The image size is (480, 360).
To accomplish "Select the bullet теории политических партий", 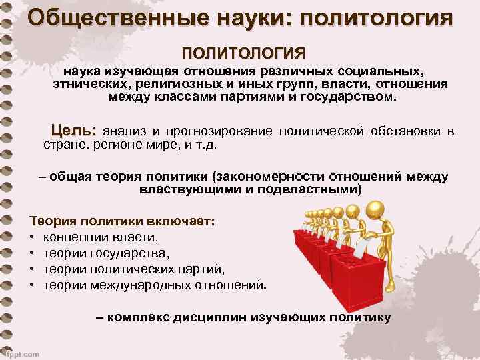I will [134, 269].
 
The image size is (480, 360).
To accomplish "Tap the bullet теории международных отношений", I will [154, 285].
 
